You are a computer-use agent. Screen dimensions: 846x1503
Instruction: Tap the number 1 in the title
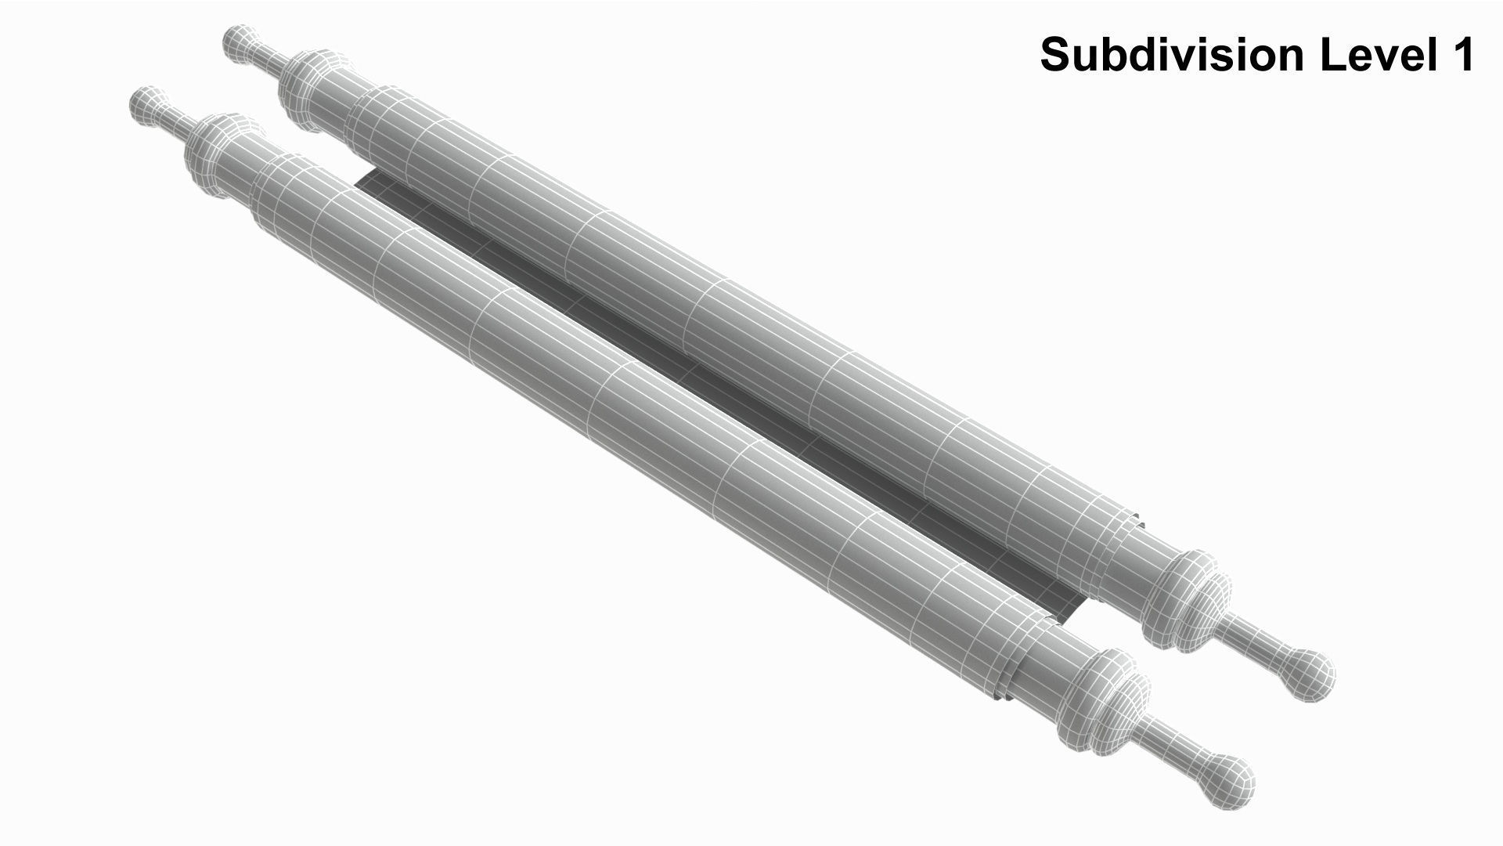click(x=1462, y=55)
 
